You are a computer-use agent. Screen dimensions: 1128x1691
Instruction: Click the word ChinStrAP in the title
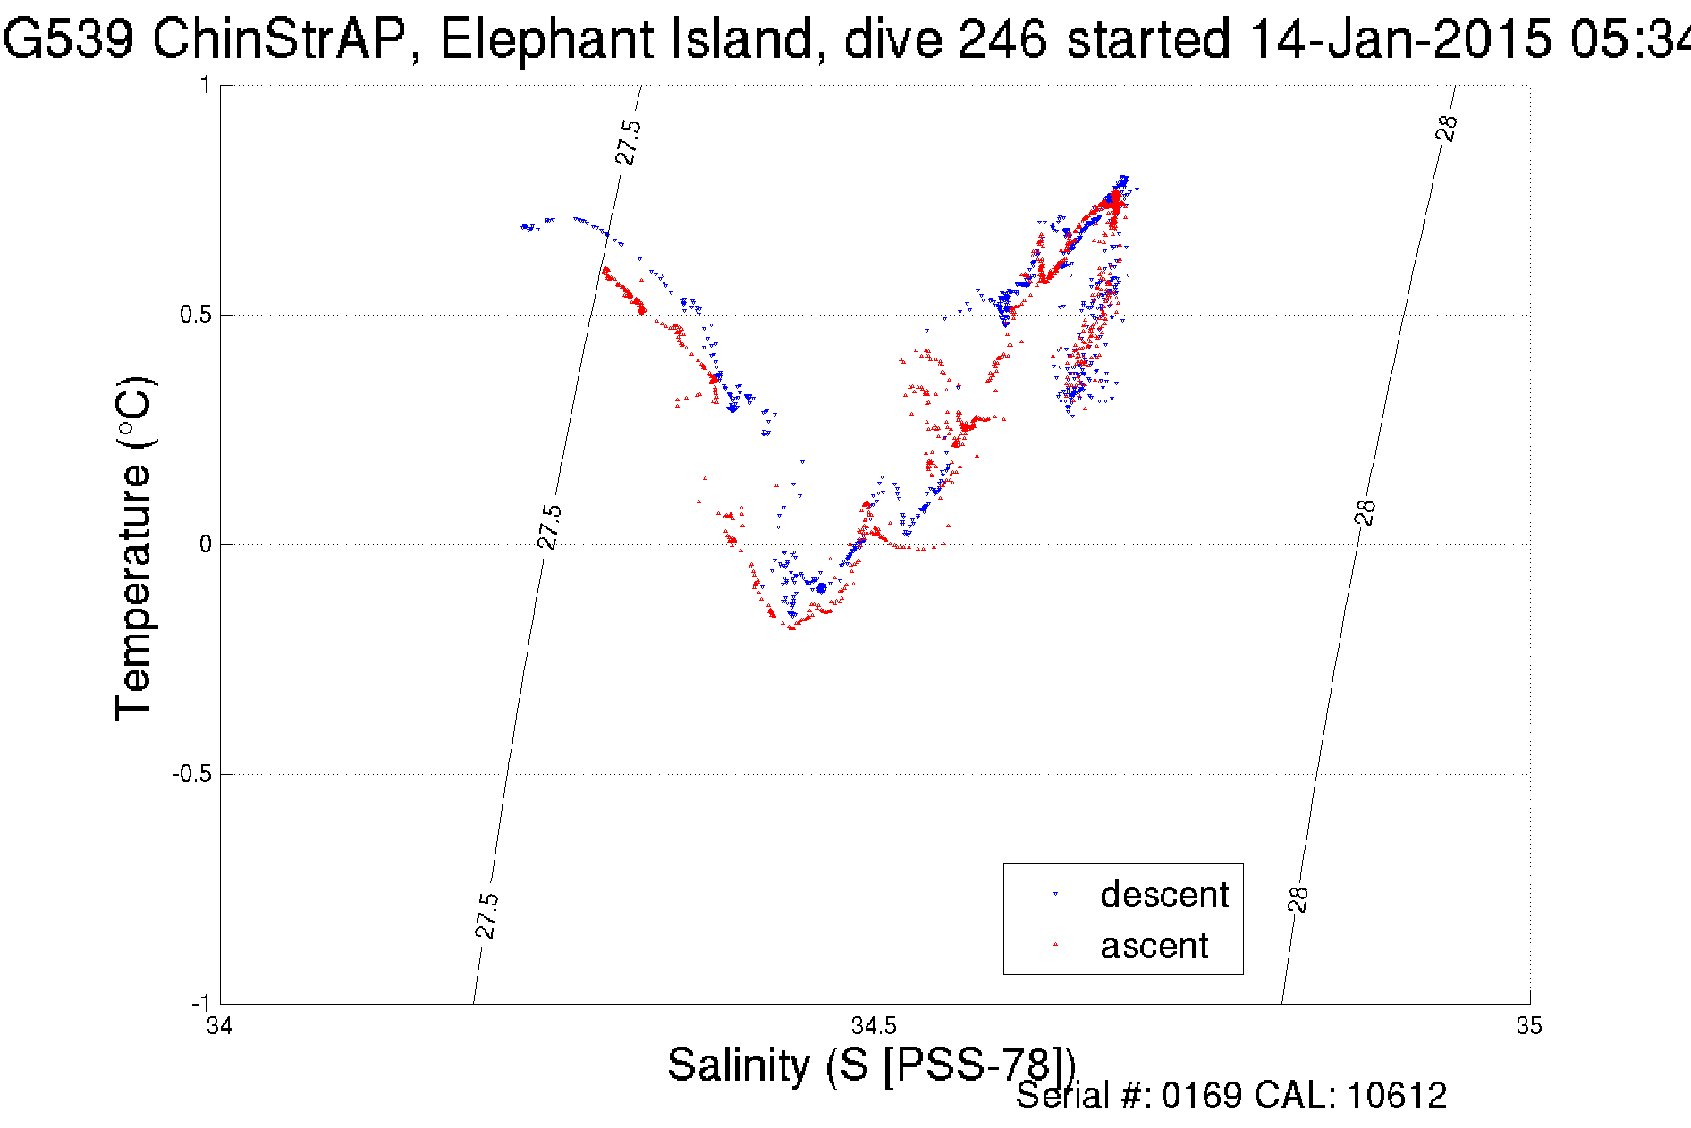point(278,39)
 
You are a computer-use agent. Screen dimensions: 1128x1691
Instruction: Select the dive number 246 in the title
point(1002,39)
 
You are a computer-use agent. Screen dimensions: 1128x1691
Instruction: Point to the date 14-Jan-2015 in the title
point(1399,39)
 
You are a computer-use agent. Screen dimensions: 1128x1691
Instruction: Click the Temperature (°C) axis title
point(135,548)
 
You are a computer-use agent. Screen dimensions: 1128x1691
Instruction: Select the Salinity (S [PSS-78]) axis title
point(871,1065)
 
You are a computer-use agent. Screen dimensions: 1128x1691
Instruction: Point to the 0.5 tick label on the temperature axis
point(194,315)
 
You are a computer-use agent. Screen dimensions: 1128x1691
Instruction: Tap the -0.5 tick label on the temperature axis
point(190,774)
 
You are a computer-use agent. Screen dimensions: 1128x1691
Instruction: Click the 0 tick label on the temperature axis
point(205,544)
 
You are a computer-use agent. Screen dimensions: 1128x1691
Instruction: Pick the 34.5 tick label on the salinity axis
point(874,1026)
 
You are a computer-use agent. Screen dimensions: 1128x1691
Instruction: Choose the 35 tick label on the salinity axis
point(1529,1026)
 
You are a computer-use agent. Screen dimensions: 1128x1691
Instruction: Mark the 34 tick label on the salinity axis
point(219,1026)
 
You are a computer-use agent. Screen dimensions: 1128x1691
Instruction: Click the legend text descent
point(1164,895)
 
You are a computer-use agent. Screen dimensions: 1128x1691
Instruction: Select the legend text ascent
point(1154,946)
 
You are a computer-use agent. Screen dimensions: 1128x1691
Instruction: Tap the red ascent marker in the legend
point(1056,944)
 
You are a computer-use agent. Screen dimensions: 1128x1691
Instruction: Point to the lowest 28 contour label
point(1298,899)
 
